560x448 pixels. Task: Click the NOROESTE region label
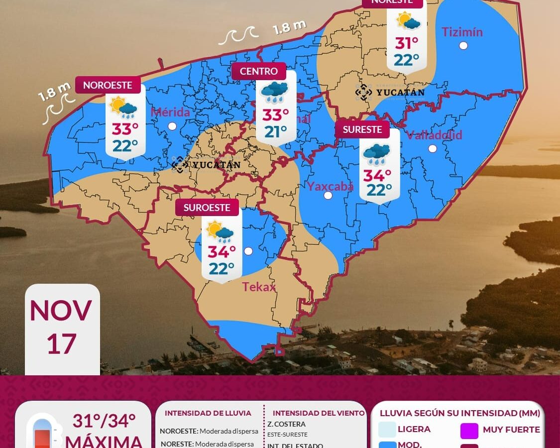[x=108, y=85]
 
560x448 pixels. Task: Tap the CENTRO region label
[x=259, y=71]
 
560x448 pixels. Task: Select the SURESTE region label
[x=362, y=129]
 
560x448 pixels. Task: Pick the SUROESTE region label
[x=207, y=208]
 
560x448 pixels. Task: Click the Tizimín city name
[x=462, y=32]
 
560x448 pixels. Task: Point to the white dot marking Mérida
[x=172, y=126]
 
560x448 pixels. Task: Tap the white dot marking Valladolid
[x=433, y=148]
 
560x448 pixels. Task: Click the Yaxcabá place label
[x=330, y=186]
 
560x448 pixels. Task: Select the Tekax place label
[x=259, y=287]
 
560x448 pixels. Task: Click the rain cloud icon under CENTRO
[x=274, y=92]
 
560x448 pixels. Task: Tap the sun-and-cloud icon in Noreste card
[x=408, y=21]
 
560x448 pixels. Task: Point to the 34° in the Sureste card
[x=377, y=175]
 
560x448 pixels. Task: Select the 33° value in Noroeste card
[x=124, y=129]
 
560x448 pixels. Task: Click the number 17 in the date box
[x=61, y=344]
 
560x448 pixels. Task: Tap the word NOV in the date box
[x=61, y=311]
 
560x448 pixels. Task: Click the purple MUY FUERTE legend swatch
[x=469, y=430]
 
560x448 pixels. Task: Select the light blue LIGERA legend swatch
[x=387, y=429]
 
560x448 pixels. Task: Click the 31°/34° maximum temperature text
[x=104, y=421]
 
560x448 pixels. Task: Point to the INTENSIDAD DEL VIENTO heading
[x=319, y=413]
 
